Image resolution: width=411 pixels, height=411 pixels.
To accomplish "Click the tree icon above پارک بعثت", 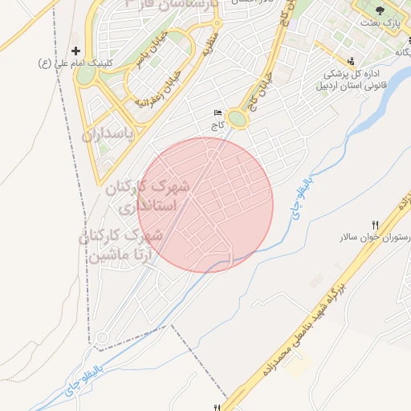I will tap(380, 10).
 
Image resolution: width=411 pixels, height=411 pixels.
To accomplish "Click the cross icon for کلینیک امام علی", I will tap(76, 50).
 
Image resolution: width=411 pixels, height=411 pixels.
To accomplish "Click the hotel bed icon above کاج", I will tap(217, 113).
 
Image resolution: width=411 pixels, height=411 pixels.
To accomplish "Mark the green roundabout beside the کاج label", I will tap(237, 120).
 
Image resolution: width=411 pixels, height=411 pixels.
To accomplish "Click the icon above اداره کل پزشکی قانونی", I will tap(351, 60).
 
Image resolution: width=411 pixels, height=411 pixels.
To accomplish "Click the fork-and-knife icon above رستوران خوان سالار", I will tap(375, 225).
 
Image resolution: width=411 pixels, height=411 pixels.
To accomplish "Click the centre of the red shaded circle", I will tap(205, 205).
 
